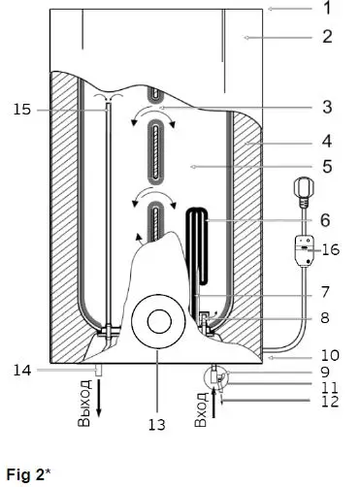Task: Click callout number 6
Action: (326, 221)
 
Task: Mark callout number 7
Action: (326, 290)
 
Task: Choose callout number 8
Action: (326, 316)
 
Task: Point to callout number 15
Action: (21, 111)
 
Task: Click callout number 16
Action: (332, 249)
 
